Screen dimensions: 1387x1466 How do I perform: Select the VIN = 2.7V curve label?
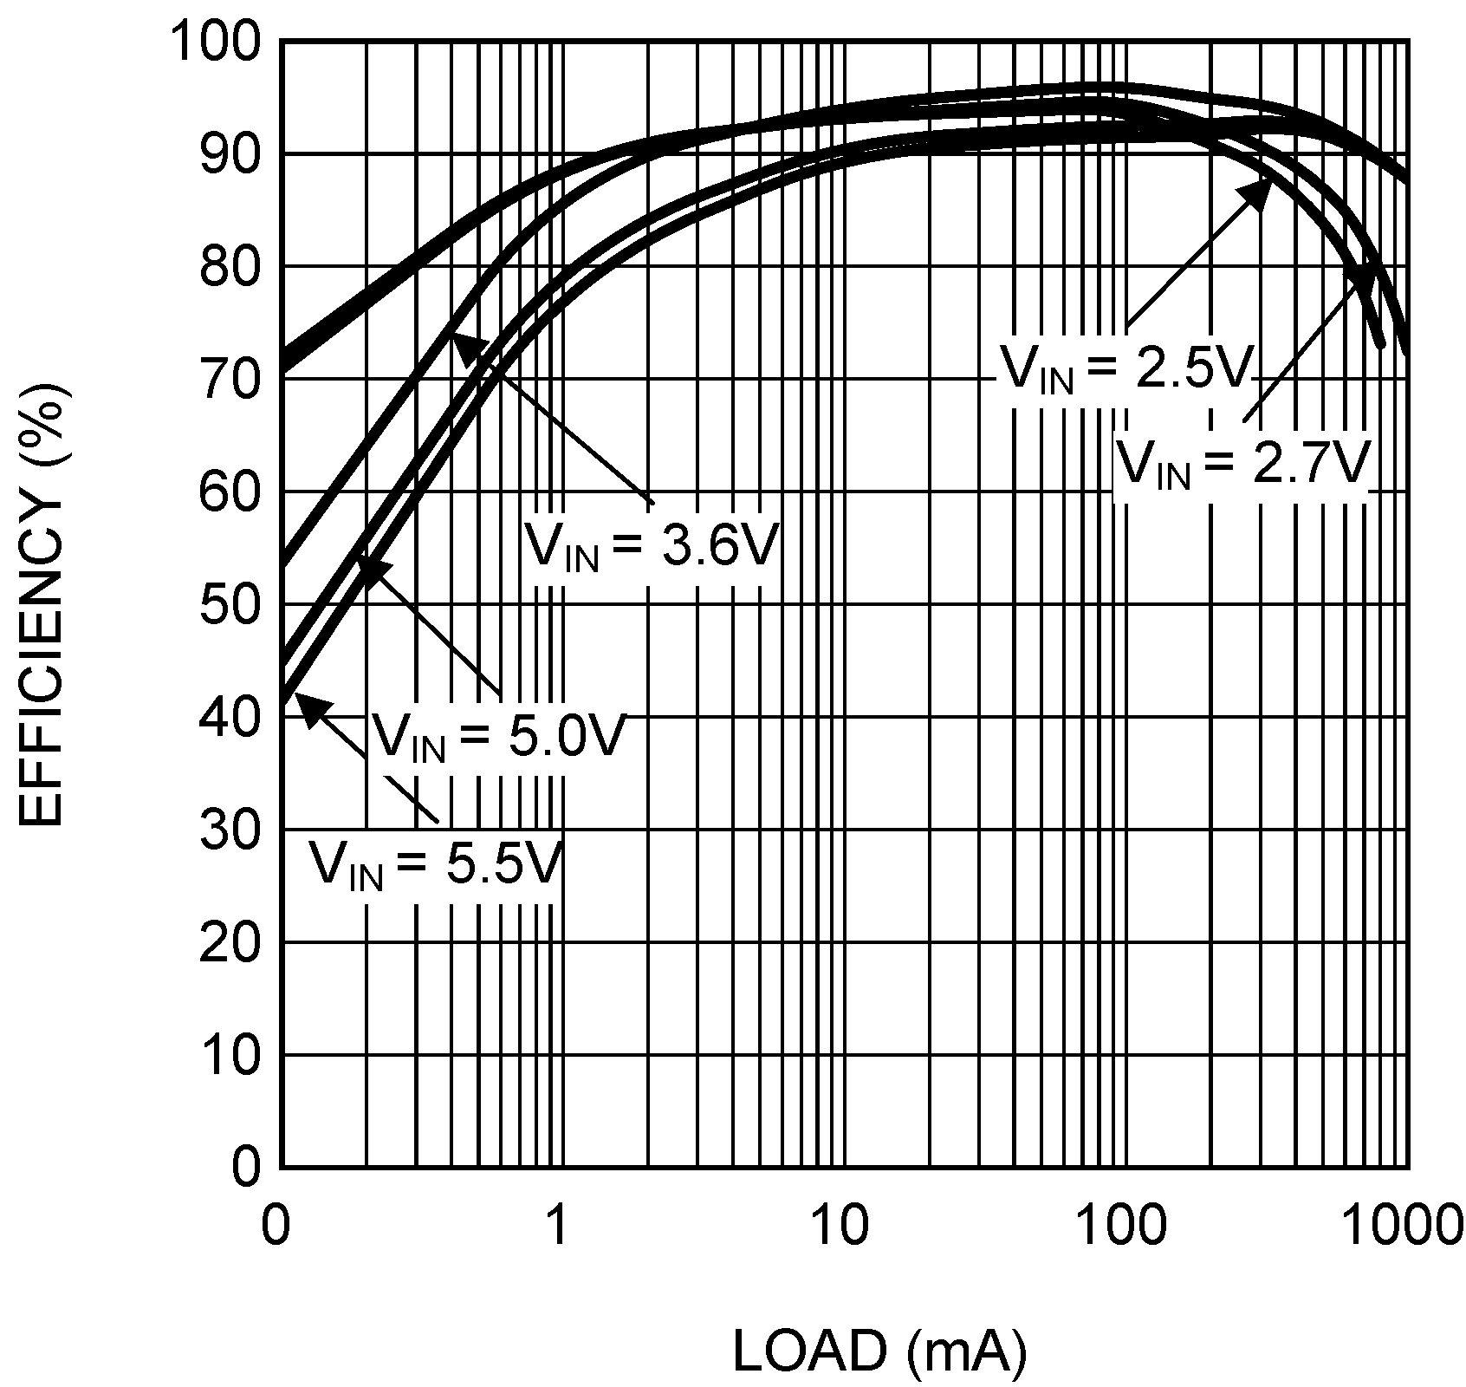[x=1242, y=464]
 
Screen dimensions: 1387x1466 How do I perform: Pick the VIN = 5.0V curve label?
[x=497, y=738]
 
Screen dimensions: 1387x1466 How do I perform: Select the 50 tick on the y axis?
[x=229, y=604]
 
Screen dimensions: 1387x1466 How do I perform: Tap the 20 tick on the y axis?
[x=229, y=942]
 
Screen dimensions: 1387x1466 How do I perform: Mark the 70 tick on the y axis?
[x=229, y=379]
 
